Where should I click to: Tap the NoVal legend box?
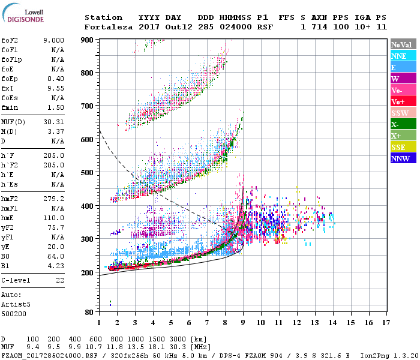(x=400, y=44)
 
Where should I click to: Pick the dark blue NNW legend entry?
(x=400, y=158)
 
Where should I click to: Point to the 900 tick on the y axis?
(x=88, y=40)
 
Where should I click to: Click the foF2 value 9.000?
(x=53, y=40)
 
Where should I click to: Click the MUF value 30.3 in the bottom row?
(x=181, y=347)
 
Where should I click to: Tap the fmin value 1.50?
(x=56, y=107)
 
